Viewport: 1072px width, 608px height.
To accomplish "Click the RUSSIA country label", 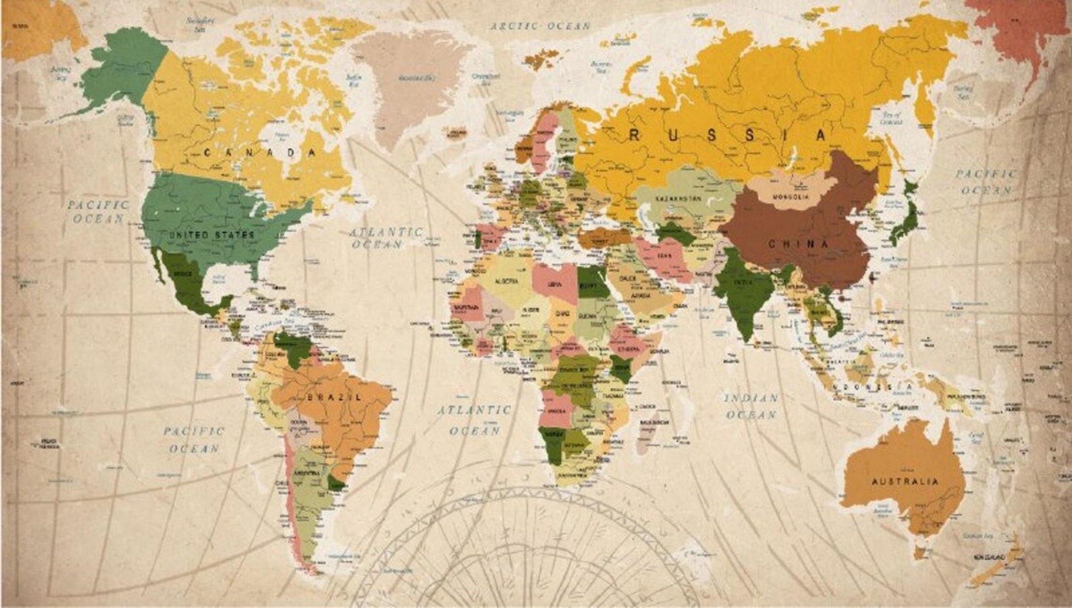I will coord(727,135).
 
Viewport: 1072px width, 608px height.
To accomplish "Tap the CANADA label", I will coord(260,153).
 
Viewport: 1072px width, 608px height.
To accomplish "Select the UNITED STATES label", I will coord(211,235).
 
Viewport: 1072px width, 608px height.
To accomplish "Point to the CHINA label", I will coord(799,244).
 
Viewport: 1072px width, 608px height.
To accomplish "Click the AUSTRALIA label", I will coord(905,481).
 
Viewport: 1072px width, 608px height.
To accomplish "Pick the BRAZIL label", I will coord(334,397).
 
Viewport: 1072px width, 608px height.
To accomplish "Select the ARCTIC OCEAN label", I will coord(540,26).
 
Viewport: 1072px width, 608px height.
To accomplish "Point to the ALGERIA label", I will coord(507,281).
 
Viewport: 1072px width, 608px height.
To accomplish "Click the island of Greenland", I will coord(412,81).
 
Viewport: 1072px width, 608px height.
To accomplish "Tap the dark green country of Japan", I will coord(905,219).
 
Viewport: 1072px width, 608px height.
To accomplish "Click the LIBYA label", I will coord(554,284).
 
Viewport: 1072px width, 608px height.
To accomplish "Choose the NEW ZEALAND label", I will coord(989,557).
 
